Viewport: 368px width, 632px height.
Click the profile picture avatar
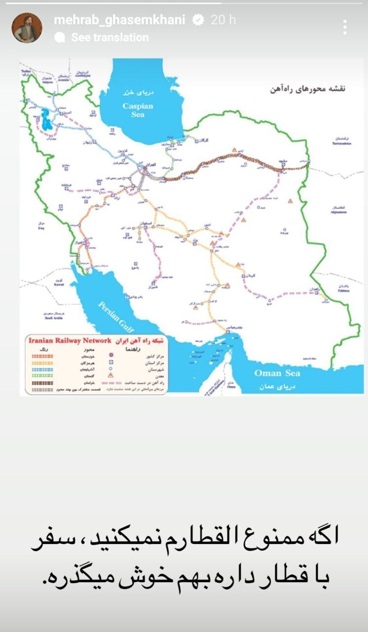pos(27,28)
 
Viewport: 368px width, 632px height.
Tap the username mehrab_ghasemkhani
pos(119,20)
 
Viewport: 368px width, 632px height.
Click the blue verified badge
pos(198,20)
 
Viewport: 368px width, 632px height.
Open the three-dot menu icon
pos(345,27)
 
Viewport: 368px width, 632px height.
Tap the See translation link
pos(110,38)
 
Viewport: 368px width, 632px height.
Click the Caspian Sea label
pos(138,110)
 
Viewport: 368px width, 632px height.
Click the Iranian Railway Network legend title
pos(70,340)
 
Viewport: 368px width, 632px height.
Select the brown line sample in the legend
pos(42,383)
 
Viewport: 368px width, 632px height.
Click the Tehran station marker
pos(145,169)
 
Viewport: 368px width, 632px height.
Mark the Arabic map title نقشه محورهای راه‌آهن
pos(307,89)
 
